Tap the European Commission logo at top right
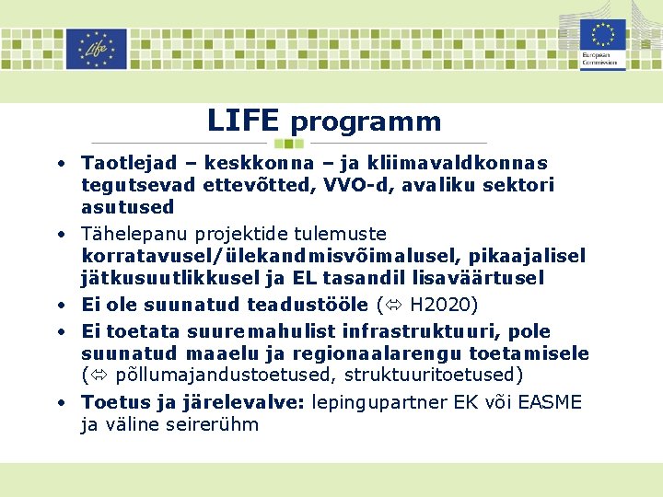point(603,44)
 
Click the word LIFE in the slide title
point(243,121)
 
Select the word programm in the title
point(366,121)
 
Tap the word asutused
point(127,207)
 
